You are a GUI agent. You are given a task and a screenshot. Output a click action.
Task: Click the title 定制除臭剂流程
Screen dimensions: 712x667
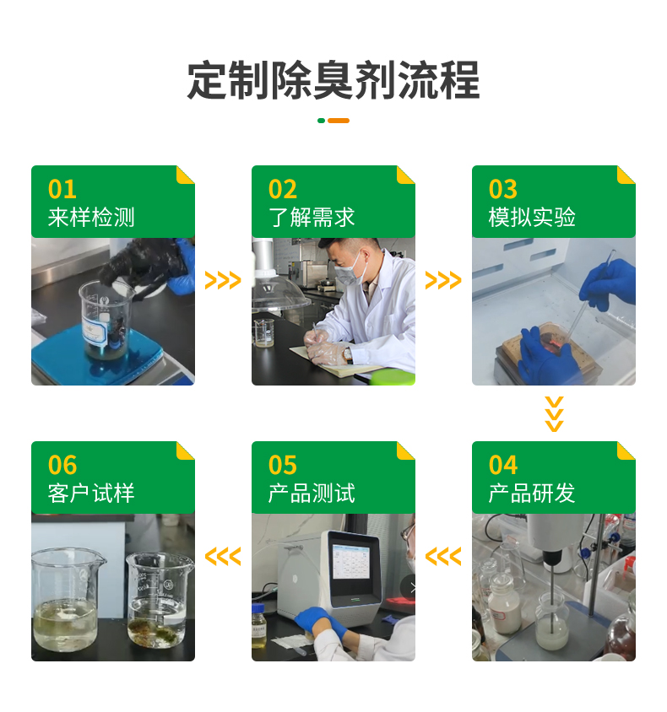(x=333, y=81)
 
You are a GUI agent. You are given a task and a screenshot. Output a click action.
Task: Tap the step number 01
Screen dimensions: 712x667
(x=62, y=189)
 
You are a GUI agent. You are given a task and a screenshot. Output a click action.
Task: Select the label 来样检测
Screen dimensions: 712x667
(x=91, y=218)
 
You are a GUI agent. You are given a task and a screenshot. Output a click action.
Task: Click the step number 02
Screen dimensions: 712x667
(x=283, y=189)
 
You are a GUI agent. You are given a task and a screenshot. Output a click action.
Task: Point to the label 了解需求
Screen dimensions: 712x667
(x=312, y=218)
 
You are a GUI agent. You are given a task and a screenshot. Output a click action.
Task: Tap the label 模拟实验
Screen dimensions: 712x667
(x=532, y=218)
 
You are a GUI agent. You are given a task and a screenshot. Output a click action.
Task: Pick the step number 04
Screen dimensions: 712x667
(x=503, y=465)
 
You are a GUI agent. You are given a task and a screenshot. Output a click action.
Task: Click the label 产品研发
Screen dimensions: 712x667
(x=532, y=494)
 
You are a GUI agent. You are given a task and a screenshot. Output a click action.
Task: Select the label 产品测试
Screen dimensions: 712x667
(x=312, y=494)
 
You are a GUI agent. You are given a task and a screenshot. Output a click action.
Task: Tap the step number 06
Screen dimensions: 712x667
(x=62, y=465)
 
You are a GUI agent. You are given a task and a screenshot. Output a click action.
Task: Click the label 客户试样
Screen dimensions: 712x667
(x=91, y=494)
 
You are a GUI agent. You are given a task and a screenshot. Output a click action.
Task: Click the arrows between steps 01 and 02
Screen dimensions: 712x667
(x=223, y=281)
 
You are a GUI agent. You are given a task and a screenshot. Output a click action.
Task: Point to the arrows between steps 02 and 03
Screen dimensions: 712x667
(x=443, y=281)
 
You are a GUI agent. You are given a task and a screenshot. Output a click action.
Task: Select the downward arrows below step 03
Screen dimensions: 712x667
(x=554, y=413)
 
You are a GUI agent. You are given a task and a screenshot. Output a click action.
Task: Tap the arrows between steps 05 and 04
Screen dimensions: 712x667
(x=443, y=557)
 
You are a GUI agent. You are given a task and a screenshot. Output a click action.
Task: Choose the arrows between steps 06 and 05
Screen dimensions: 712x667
(x=223, y=557)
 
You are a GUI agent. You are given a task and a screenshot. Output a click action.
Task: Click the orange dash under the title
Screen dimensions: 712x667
(x=339, y=121)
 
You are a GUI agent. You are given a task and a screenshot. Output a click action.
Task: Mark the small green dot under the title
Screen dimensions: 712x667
(x=321, y=121)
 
